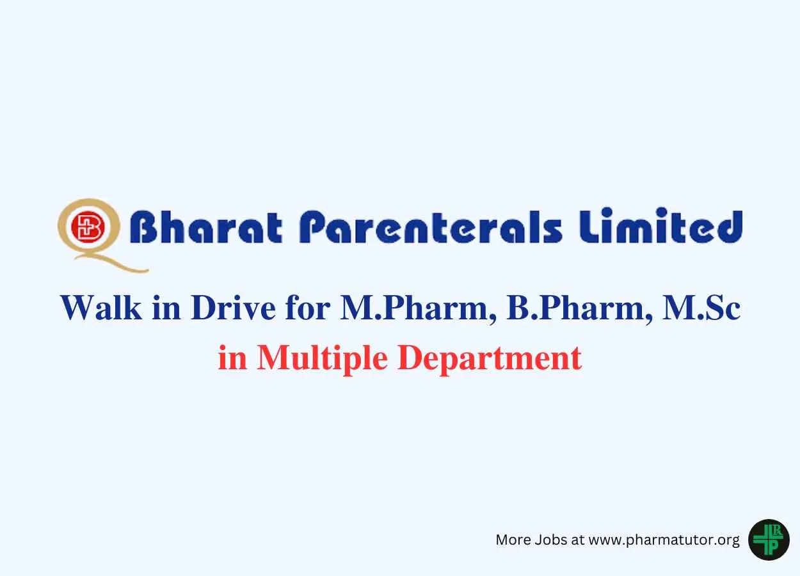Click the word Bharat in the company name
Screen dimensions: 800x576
207,227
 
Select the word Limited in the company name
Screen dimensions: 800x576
660,226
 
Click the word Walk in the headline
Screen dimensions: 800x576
101,308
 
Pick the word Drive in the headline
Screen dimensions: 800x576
233,308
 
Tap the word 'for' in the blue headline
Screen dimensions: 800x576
307,308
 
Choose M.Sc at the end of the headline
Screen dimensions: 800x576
701,308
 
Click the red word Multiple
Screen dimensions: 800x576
322,359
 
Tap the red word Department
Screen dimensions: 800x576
490,359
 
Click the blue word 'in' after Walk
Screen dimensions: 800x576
166,307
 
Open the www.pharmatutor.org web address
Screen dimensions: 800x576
664,540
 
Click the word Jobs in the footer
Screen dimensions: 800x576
551,540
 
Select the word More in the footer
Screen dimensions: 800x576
513,540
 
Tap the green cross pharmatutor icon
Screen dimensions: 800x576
769,540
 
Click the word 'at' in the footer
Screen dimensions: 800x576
578,540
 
